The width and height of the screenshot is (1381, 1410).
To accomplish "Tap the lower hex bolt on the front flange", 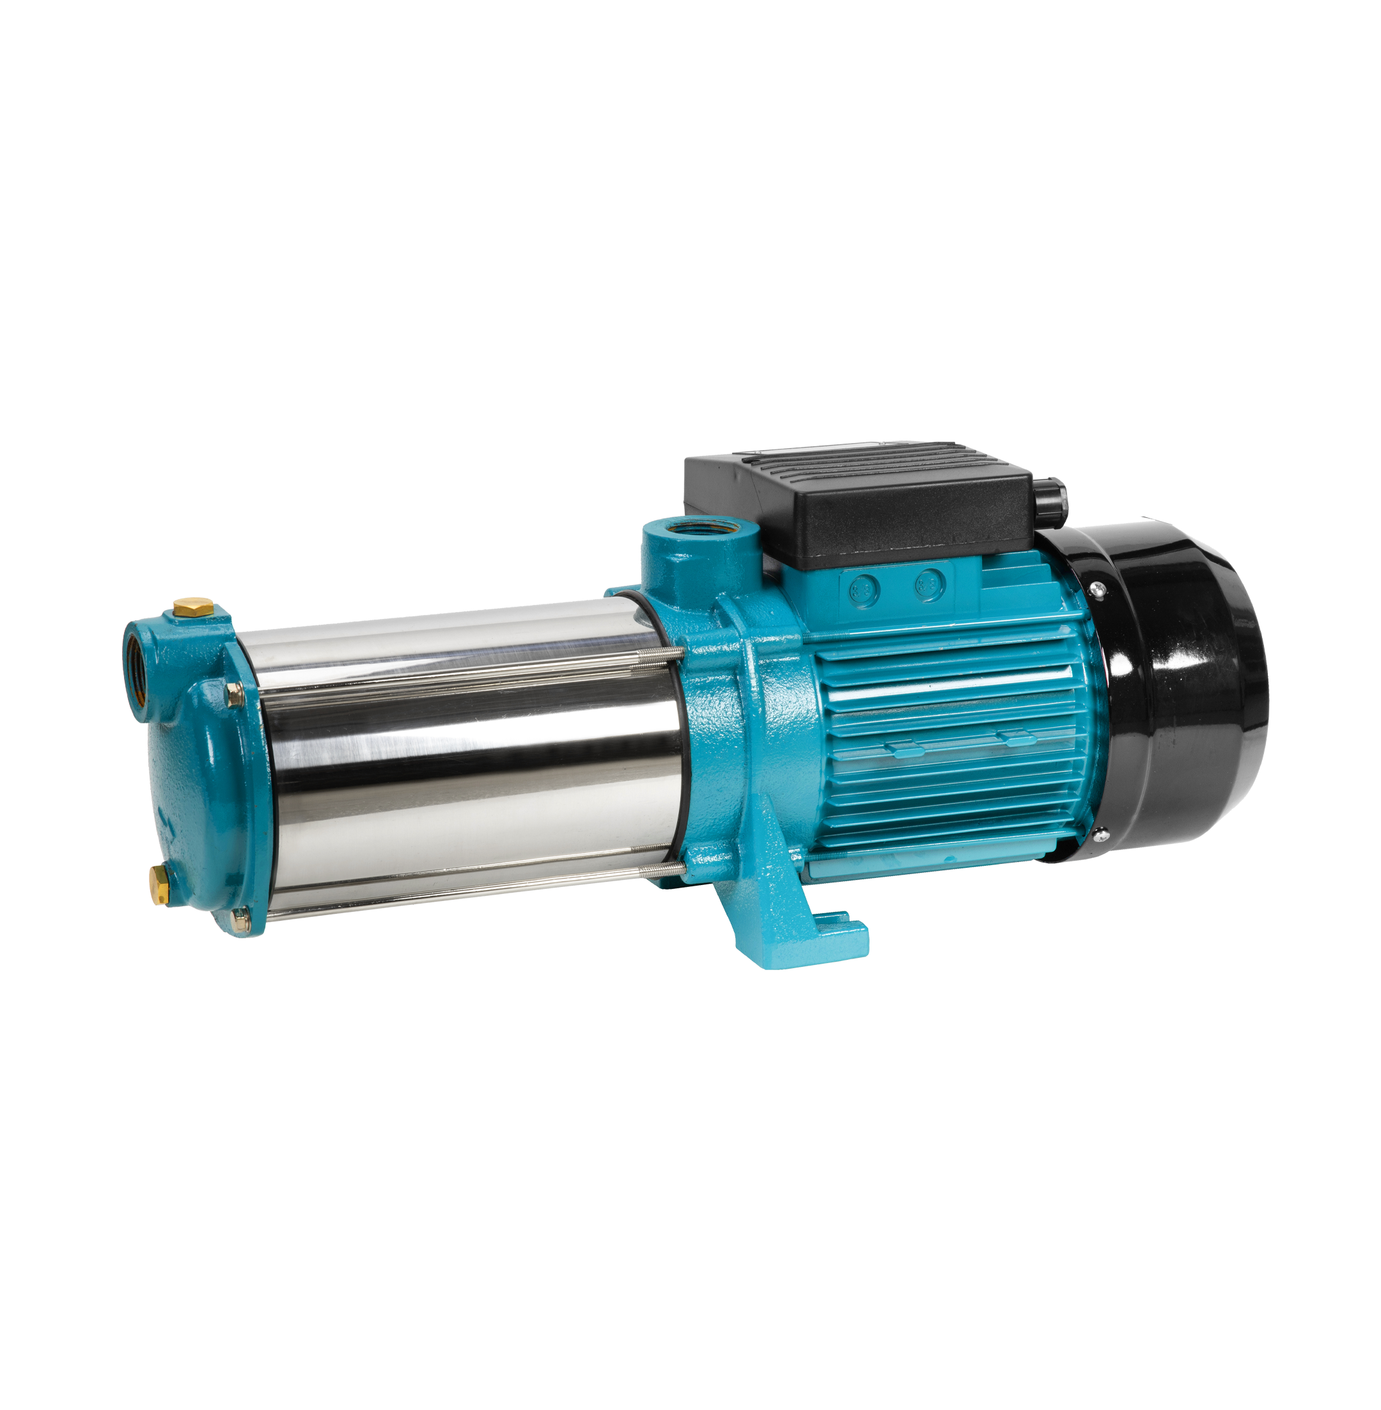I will pos(240,920).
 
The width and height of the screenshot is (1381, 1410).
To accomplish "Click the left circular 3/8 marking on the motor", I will pos(864,585).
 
